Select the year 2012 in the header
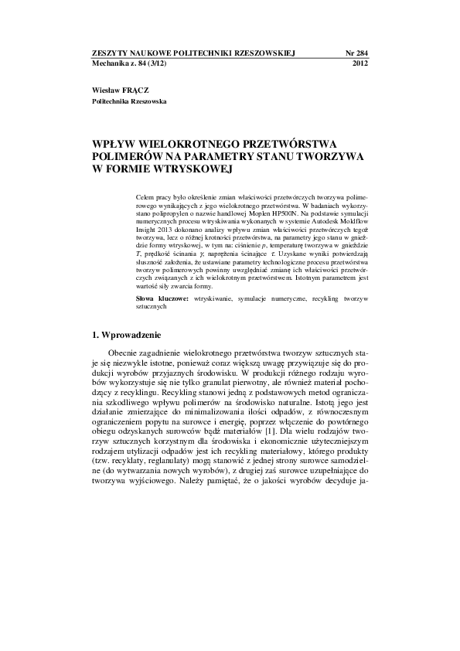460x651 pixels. [x=359, y=63]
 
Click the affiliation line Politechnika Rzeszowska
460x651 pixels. [x=128, y=101]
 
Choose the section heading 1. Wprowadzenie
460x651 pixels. [x=126, y=336]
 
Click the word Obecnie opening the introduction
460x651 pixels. [x=126, y=354]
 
